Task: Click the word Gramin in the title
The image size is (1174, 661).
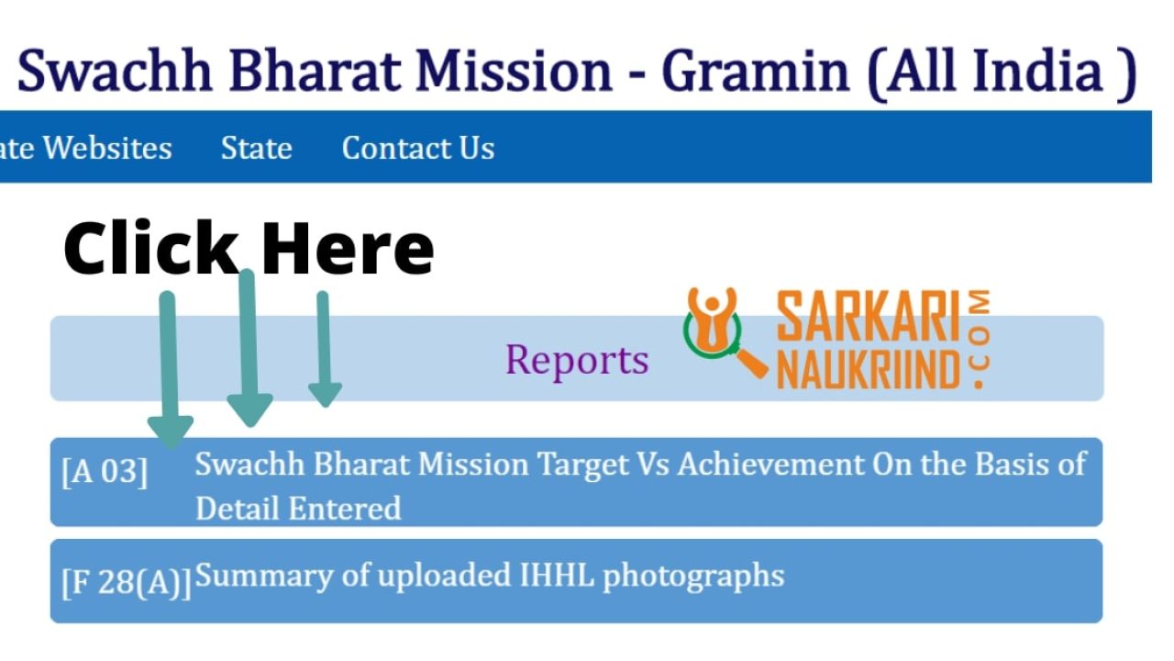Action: pos(755,71)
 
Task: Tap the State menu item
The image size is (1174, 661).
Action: pos(256,148)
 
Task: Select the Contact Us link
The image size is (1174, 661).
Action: pos(417,148)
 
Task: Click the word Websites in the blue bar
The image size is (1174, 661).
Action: pos(107,148)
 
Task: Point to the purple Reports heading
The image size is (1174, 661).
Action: pos(577,360)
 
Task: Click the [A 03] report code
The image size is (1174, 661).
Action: pos(105,471)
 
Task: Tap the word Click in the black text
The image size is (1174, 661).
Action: pos(151,247)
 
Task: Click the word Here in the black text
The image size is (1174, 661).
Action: pos(348,249)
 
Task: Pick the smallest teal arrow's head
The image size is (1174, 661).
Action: pos(325,395)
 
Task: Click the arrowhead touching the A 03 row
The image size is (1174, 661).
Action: pos(171,431)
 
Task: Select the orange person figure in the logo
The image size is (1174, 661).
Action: pos(712,319)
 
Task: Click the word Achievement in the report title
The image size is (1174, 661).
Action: pos(770,464)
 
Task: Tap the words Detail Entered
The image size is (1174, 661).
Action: pos(298,509)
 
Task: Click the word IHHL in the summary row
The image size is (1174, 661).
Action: pos(557,575)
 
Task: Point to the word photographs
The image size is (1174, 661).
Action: pos(693,577)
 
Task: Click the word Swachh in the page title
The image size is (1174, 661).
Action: pos(115,71)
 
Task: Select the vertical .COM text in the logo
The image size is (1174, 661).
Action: pos(979,339)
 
